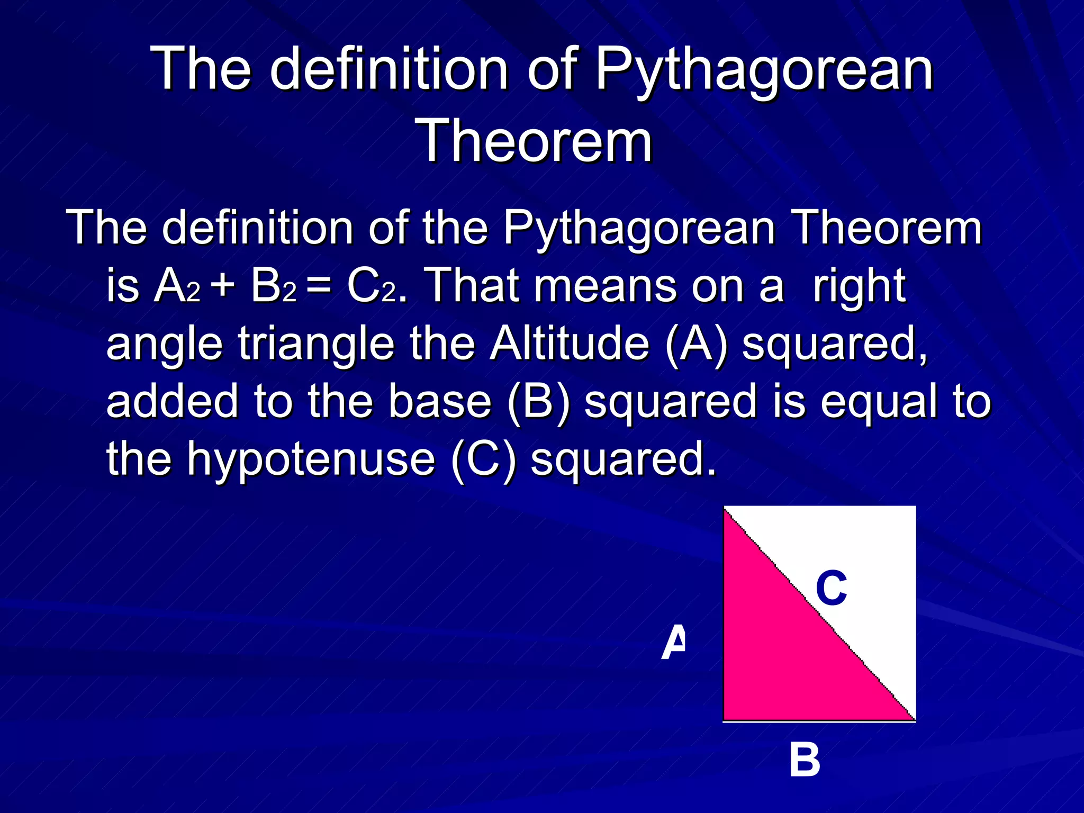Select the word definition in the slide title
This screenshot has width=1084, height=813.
click(x=390, y=69)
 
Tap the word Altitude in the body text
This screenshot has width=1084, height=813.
click(x=570, y=344)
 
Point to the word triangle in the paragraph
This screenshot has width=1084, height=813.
click(x=317, y=344)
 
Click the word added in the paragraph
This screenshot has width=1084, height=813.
click(x=172, y=401)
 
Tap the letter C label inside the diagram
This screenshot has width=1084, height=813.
click(x=832, y=588)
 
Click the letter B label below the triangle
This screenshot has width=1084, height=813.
click(x=805, y=760)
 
